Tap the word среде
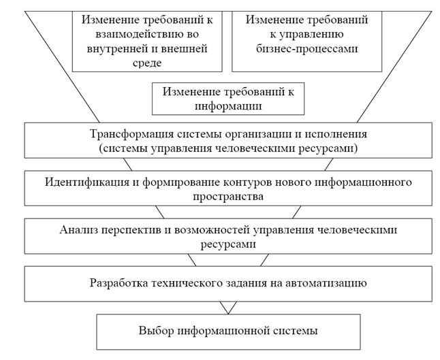[147, 63]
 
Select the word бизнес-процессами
[307, 49]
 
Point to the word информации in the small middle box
[228, 106]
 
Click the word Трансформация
[131, 134]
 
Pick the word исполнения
[336, 134]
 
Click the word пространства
[228, 197]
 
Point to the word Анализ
[79, 230]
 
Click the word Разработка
[119, 283]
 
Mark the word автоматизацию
[326, 283]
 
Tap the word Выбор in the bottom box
[156, 331]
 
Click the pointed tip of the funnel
[228, 314]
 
